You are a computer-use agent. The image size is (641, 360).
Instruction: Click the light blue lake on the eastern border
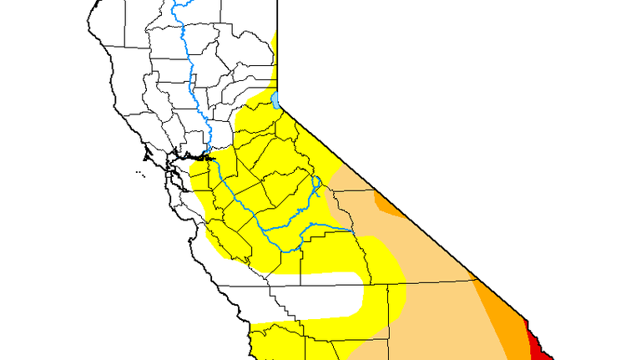275,101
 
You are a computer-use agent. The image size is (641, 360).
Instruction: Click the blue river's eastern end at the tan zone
347,230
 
